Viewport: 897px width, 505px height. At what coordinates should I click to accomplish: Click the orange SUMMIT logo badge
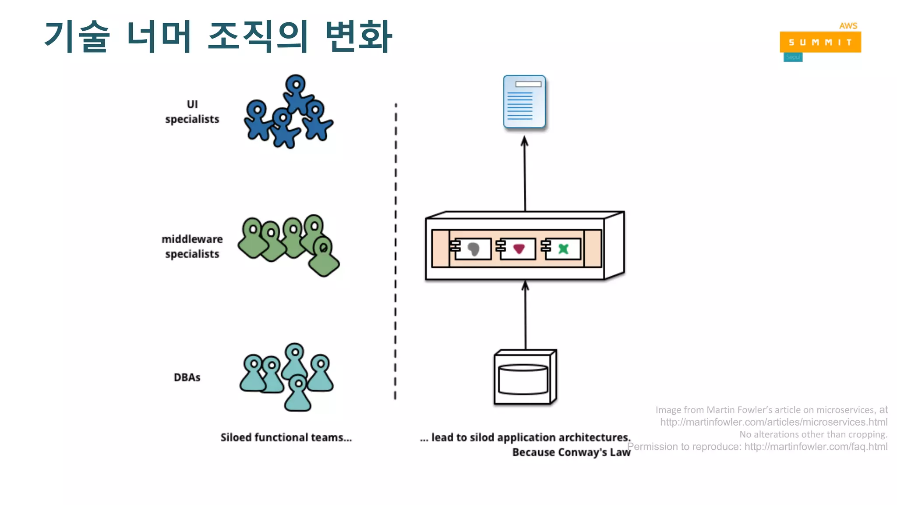point(820,42)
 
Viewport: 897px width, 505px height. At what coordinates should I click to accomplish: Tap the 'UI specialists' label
point(192,112)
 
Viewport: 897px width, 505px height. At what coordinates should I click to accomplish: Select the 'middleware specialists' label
point(192,246)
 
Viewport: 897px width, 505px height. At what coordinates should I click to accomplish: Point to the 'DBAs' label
point(187,377)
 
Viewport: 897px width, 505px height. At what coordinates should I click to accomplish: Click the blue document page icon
point(524,102)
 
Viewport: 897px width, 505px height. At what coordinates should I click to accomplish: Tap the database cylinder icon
point(523,379)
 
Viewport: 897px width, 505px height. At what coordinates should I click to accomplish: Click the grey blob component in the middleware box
point(473,249)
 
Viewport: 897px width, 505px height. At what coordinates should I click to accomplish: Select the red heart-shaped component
point(519,249)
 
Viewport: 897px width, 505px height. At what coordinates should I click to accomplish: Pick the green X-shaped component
point(564,249)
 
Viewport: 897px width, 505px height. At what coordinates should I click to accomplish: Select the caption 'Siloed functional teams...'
point(286,437)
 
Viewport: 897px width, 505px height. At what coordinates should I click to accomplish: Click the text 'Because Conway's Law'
point(571,452)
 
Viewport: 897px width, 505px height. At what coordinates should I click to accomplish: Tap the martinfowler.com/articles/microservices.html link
point(773,422)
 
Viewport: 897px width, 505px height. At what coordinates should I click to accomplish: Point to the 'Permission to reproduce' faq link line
point(757,447)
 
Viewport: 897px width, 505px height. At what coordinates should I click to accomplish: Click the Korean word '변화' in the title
point(358,36)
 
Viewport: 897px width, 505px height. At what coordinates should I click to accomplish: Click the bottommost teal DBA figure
point(298,394)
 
